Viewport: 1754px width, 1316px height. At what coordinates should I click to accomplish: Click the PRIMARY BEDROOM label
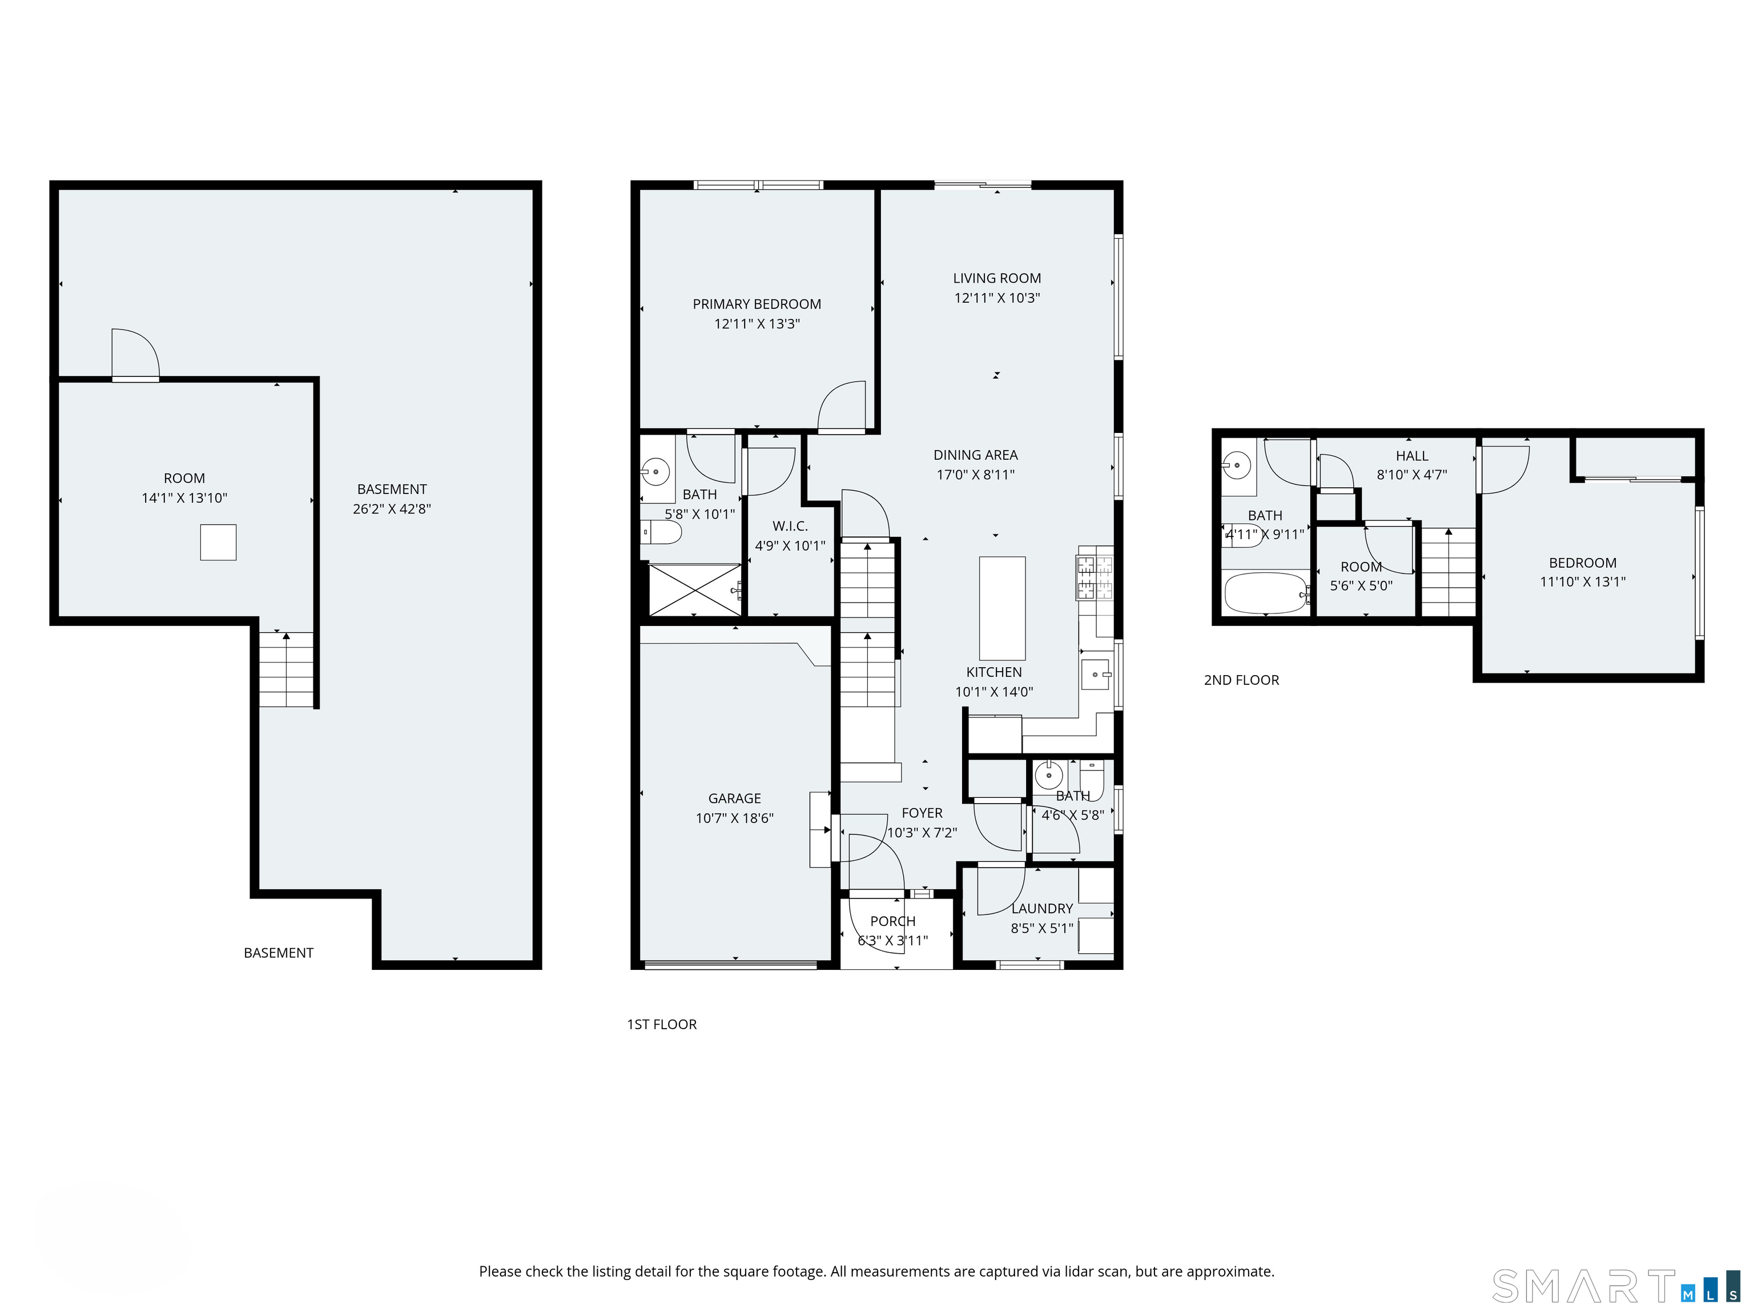coord(757,304)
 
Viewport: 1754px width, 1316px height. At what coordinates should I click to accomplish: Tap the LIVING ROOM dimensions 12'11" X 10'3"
coord(997,298)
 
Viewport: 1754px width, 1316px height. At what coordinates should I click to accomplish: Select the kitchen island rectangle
coord(1002,608)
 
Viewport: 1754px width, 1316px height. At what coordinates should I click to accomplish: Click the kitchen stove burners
coord(1095,577)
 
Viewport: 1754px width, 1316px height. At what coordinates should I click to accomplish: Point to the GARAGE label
coord(734,798)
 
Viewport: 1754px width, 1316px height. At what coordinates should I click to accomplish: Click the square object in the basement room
coord(218,543)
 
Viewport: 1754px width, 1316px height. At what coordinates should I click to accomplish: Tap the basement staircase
coord(286,669)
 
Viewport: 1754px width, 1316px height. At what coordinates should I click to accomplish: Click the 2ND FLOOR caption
coord(1241,680)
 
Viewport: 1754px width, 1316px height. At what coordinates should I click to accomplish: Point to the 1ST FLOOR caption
coord(661,1024)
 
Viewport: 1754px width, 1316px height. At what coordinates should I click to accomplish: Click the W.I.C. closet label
coord(790,526)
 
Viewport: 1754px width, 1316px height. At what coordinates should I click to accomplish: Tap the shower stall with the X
coord(695,589)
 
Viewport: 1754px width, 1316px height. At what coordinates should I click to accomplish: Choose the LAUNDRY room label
coord(1042,908)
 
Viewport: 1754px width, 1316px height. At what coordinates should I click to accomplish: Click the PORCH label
coord(893,921)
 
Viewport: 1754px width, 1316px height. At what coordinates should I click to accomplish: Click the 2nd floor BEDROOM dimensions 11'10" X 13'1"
coord(1583,581)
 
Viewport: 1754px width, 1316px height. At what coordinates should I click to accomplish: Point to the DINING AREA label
coord(975,455)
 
